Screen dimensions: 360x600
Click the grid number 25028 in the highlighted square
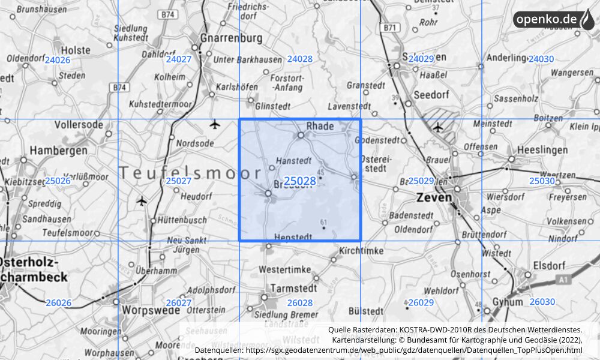(300, 181)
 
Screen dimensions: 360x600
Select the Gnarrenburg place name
(230, 38)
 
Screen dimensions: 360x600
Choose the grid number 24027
(179, 59)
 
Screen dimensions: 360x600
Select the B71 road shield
(389, 28)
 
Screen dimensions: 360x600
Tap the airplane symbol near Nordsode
(215, 124)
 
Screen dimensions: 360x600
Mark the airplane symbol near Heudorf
(142, 200)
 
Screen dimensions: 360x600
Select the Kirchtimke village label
(361, 250)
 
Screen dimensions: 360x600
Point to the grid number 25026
(58, 181)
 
